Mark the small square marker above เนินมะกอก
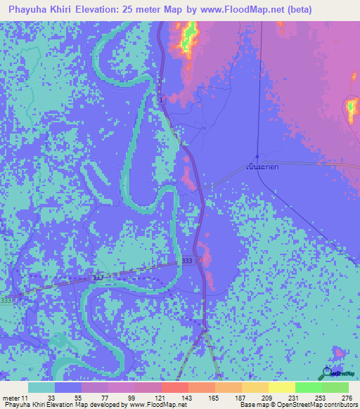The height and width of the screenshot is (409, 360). click(x=257, y=156)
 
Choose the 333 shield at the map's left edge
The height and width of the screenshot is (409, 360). click(x=6, y=300)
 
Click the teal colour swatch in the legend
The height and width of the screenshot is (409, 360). click(x=41, y=387)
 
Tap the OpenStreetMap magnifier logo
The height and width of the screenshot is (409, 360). click(x=327, y=373)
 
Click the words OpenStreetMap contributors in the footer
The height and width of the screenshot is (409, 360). click(x=320, y=405)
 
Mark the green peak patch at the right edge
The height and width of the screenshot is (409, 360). click(x=352, y=108)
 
